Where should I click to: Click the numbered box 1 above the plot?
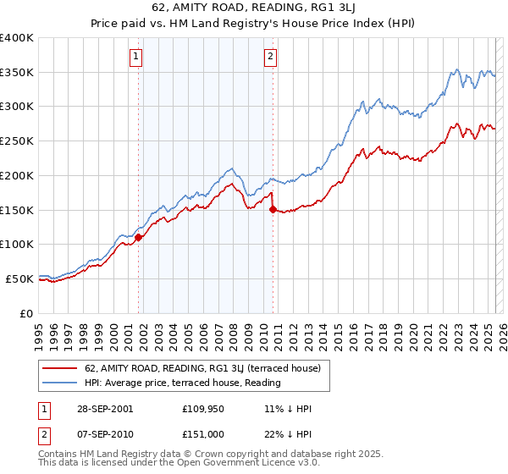pyautogui.click(x=136, y=57)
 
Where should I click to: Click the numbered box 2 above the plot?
pyautogui.click(x=270, y=57)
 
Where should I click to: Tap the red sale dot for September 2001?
pyautogui.click(x=139, y=238)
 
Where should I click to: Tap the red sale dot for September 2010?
pyautogui.click(x=273, y=209)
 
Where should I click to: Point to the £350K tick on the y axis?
pyautogui.click(x=17, y=73)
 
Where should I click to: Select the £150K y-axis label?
pyautogui.click(x=17, y=210)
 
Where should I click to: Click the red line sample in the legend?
pyautogui.click(x=60, y=368)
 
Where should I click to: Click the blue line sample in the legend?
pyautogui.click(x=60, y=383)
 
